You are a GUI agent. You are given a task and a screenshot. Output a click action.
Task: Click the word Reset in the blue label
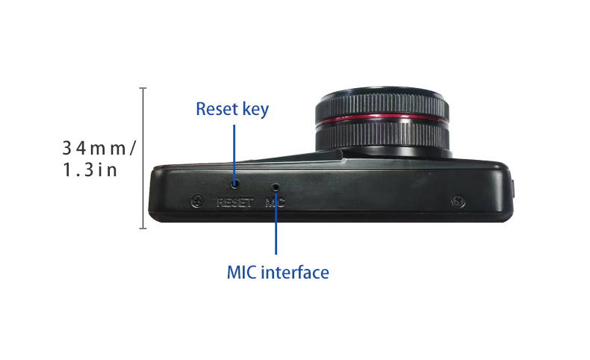click(217, 109)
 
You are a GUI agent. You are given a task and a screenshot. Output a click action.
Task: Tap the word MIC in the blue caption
click(242, 273)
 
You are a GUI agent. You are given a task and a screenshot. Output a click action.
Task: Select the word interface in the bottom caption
click(295, 273)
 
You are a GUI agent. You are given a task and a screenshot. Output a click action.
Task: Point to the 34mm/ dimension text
click(99, 147)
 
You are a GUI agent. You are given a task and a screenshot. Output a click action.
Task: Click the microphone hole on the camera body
click(276, 186)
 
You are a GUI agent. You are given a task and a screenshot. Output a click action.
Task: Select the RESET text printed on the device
click(235, 202)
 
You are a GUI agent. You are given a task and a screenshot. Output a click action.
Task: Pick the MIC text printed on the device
click(276, 202)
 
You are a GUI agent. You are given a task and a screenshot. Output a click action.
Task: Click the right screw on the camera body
click(459, 202)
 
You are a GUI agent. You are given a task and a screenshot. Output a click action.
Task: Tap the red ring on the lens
click(382, 119)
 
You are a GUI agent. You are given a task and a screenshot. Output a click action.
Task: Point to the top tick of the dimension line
click(143, 88)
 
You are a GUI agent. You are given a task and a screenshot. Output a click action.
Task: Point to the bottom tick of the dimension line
click(143, 227)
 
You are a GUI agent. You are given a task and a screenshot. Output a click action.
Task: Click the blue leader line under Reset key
click(235, 149)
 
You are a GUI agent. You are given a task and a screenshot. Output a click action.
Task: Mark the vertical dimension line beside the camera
click(143, 158)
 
